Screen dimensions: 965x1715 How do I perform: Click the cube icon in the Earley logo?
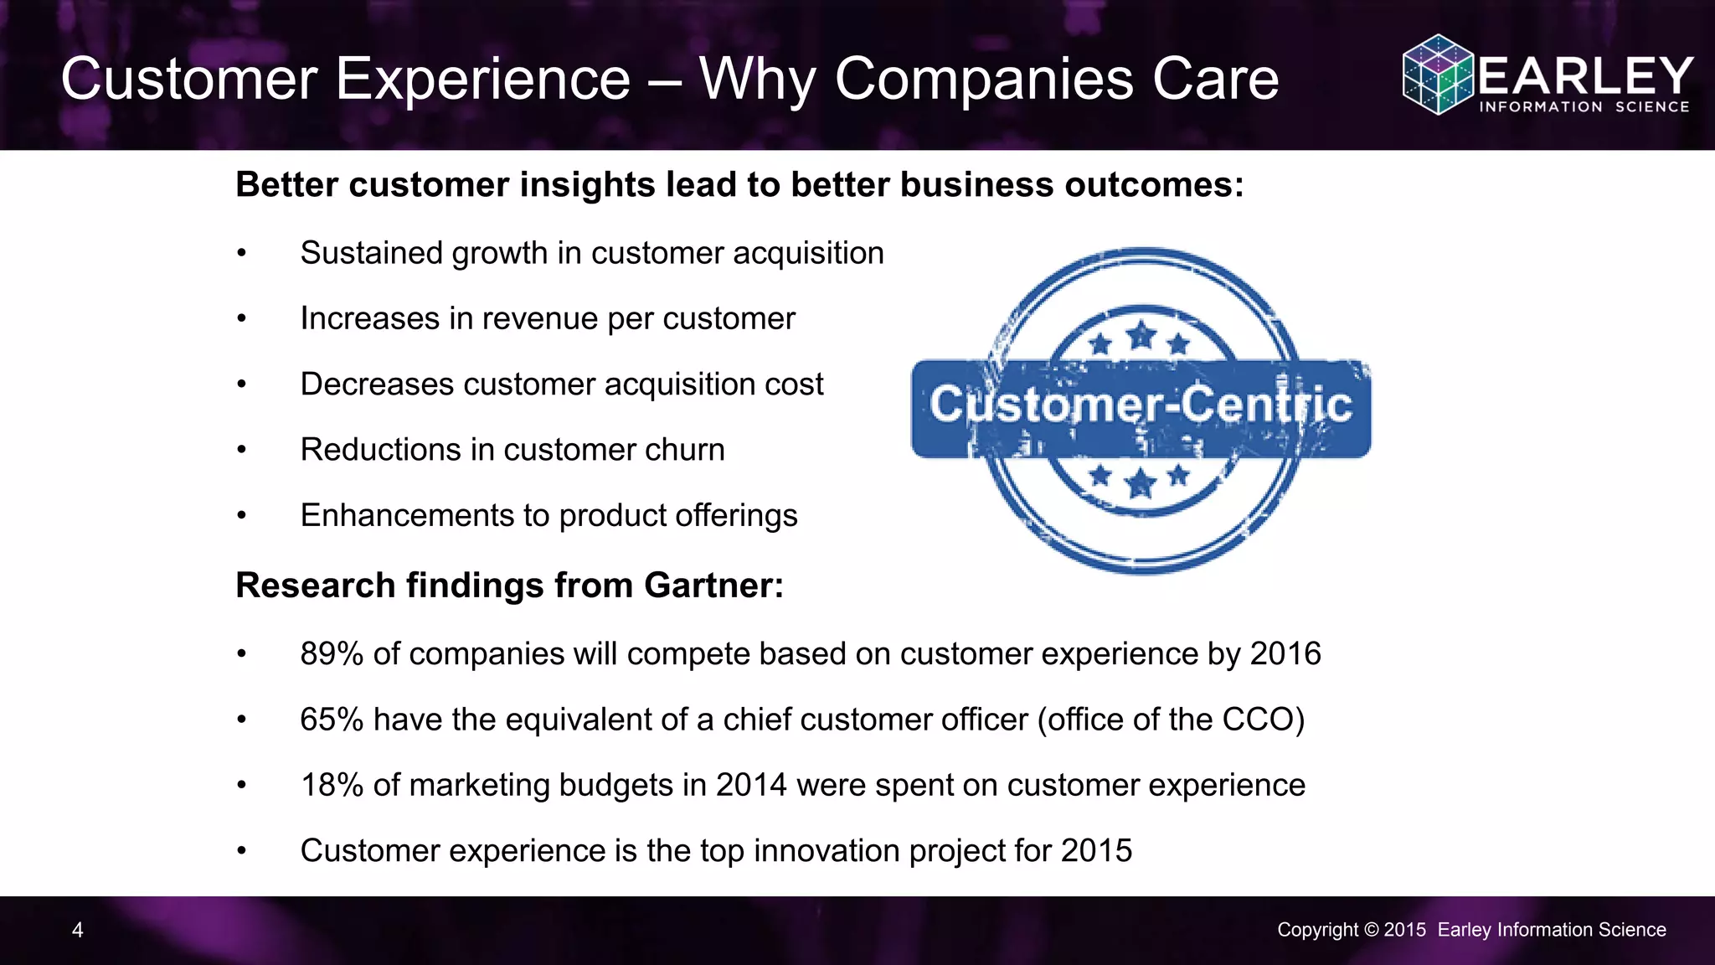tap(1437, 75)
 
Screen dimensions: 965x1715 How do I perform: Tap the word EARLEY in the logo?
tap(1585, 76)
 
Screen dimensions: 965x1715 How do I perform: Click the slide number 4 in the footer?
tap(77, 930)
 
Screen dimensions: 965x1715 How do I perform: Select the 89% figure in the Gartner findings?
tap(332, 654)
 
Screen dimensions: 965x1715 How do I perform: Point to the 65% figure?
tap(332, 720)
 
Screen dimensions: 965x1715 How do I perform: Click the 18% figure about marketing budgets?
tap(332, 785)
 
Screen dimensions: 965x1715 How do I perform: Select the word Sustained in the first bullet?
tap(371, 253)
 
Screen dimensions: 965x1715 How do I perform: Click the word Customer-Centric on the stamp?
tap(1141, 405)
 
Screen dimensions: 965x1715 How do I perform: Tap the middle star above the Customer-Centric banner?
tap(1141, 337)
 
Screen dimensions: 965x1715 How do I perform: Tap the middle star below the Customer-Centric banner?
tap(1141, 483)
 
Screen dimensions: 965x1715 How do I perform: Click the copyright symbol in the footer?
tap(1371, 930)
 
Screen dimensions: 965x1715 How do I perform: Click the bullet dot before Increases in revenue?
tap(242, 319)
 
